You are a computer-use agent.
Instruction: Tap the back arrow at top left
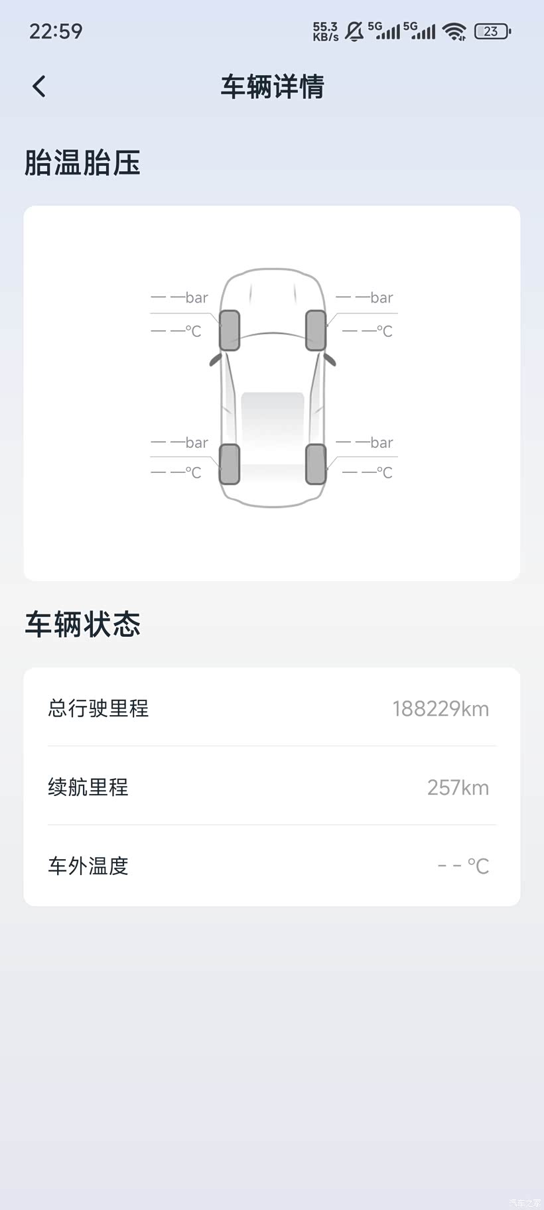[39, 86]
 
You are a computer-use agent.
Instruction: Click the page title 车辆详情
[272, 87]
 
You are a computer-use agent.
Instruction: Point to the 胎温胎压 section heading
[82, 163]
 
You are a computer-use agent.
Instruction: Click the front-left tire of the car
[230, 330]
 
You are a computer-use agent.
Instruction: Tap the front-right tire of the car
[316, 330]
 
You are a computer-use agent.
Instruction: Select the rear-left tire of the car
[230, 464]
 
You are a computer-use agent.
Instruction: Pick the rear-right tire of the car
[316, 464]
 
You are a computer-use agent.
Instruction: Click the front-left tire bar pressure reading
[180, 297]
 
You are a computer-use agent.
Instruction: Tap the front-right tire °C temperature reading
[368, 331]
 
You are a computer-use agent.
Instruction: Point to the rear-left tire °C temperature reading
[176, 472]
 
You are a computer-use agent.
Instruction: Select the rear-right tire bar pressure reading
[365, 442]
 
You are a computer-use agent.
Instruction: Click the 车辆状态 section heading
[82, 624]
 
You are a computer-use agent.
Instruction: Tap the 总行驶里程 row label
[98, 708]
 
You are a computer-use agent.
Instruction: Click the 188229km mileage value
[441, 709]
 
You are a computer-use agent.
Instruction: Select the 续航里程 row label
[88, 787]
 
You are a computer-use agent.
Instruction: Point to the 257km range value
[458, 787]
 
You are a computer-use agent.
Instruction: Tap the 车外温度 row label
[88, 866]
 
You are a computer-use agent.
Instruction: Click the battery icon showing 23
[492, 31]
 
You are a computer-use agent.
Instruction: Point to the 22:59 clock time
[56, 31]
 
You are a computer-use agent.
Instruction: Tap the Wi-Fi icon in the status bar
[454, 31]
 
